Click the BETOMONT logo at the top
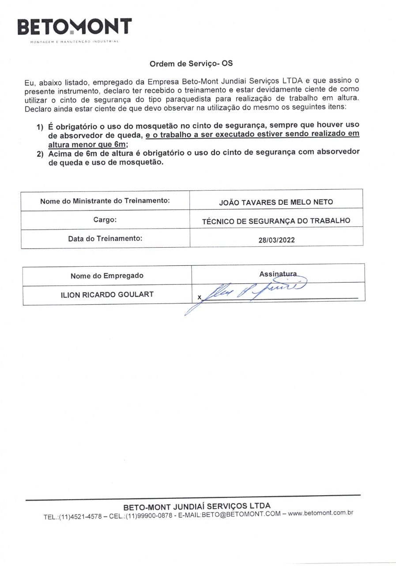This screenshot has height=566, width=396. [x=74, y=27]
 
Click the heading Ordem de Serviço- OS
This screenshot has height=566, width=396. [x=191, y=63]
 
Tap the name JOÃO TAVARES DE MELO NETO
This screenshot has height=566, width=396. [x=276, y=202]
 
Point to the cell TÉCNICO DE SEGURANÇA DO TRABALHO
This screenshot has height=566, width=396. [x=276, y=221]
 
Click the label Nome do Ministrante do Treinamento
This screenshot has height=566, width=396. [x=105, y=201]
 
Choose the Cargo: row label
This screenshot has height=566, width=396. [x=105, y=219]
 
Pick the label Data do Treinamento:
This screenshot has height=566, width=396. [x=105, y=238]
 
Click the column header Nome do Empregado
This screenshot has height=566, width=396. [x=107, y=276]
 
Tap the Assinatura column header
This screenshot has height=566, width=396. [x=278, y=274]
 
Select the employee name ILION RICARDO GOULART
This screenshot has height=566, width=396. [x=107, y=294]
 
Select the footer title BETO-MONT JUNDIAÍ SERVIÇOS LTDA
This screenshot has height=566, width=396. [x=197, y=505]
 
